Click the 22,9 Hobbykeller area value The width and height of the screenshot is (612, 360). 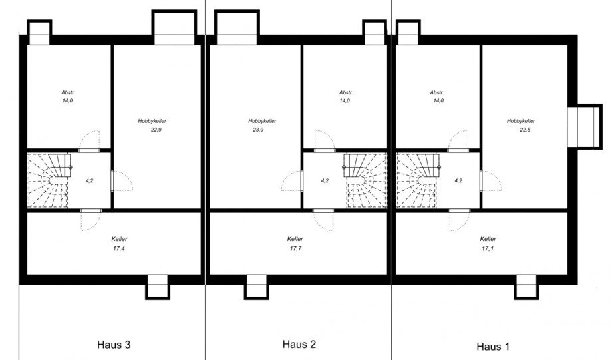click(x=156, y=130)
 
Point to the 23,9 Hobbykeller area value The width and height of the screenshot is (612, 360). click(x=258, y=130)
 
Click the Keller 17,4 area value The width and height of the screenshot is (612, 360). click(x=119, y=248)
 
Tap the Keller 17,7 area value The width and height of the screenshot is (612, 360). click(x=295, y=248)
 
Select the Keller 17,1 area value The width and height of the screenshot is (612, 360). click(x=488, y=248)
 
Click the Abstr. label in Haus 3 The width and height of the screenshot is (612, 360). click(x=68, y=93)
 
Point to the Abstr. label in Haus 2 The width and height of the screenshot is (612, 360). click(x=346, y=93)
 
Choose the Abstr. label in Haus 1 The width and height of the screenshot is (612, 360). click(x=437, y=93)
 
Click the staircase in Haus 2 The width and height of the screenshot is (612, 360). click(x=365, y=180)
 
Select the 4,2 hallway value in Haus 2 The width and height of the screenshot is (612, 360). click(x=325, y=180)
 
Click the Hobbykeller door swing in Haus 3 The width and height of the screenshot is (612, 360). click(x=122, y=180)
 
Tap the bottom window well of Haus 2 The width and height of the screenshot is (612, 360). click(x=256, y=287)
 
